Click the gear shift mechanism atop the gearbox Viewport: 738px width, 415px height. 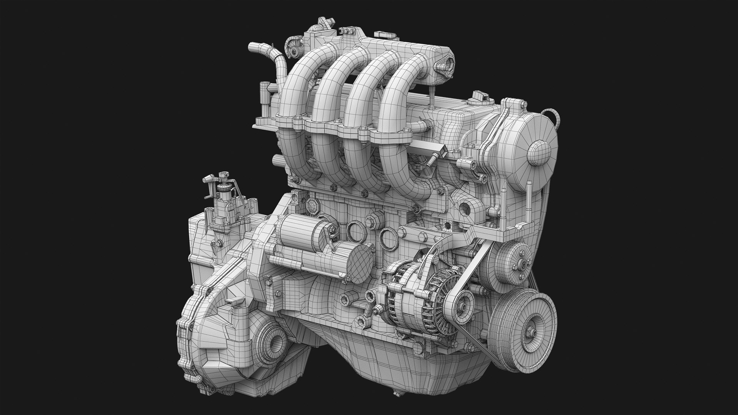(x=223, y=196)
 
